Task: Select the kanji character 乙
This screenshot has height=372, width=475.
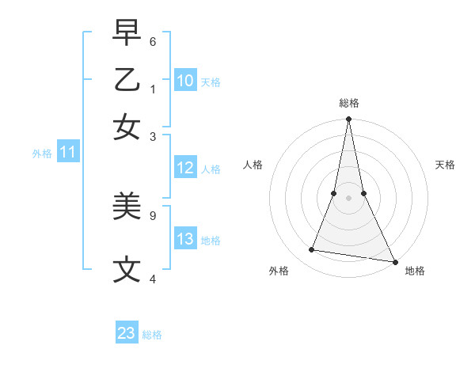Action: click(127, 80)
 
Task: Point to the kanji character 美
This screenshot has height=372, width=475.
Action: click(127, 207)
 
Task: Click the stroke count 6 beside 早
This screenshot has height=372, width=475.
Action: click(153, 40)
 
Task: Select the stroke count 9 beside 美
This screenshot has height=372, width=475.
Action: click(153, 214)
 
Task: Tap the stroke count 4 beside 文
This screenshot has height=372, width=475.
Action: click(153, 278)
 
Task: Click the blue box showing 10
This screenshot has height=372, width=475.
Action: click(184, 81)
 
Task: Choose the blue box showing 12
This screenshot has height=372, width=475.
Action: click(184, 168)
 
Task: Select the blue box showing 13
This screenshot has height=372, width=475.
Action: click(184, 240)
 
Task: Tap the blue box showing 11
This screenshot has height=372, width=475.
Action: click(67, 153)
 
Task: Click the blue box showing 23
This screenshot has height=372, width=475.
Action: click(127, 333)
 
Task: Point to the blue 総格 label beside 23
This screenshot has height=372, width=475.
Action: click(152, 335)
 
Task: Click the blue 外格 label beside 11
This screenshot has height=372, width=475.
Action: click(41, 154)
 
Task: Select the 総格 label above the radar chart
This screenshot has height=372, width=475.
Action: click(348, 103)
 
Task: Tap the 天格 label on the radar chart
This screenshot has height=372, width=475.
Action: click(446, 165)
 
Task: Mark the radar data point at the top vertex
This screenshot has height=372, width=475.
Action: click(348, 120)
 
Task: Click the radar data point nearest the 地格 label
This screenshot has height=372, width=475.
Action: click(393, 260)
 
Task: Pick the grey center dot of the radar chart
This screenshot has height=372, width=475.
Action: click(348, 198)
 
